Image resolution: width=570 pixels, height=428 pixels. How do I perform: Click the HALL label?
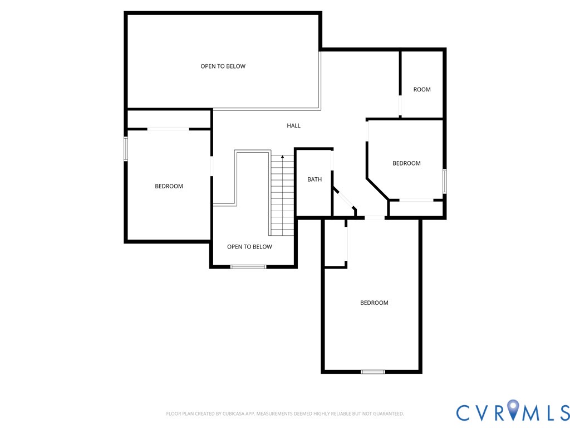tap(293, 125)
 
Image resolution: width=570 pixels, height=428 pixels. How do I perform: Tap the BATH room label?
tap(315, 179)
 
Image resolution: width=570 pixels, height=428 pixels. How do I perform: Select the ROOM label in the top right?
tap(422, 89)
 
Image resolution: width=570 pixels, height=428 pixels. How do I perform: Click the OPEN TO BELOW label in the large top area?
tap(223, 66)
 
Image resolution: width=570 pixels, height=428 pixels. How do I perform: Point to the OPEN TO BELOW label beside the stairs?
tap(249, 247)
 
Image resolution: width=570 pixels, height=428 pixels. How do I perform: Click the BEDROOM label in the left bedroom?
tap(169, 186)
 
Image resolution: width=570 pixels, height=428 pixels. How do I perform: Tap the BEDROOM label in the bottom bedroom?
tap(374, 303)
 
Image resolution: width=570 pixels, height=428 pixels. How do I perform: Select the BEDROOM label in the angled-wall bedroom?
tap(406, 163)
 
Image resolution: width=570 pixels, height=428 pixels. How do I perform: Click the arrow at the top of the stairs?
tap(282, 157)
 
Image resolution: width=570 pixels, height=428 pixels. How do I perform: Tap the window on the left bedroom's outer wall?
tap(126, 149)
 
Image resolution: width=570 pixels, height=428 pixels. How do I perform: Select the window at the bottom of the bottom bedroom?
tap(372, 372)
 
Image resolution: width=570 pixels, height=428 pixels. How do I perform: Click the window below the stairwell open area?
tap(248, 267)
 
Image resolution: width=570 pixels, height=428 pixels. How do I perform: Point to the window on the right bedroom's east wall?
tap(444, 181)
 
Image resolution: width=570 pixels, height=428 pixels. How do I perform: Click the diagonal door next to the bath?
tap(343, 199)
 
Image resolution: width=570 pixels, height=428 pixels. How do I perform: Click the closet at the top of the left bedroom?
tap(169, 119)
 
